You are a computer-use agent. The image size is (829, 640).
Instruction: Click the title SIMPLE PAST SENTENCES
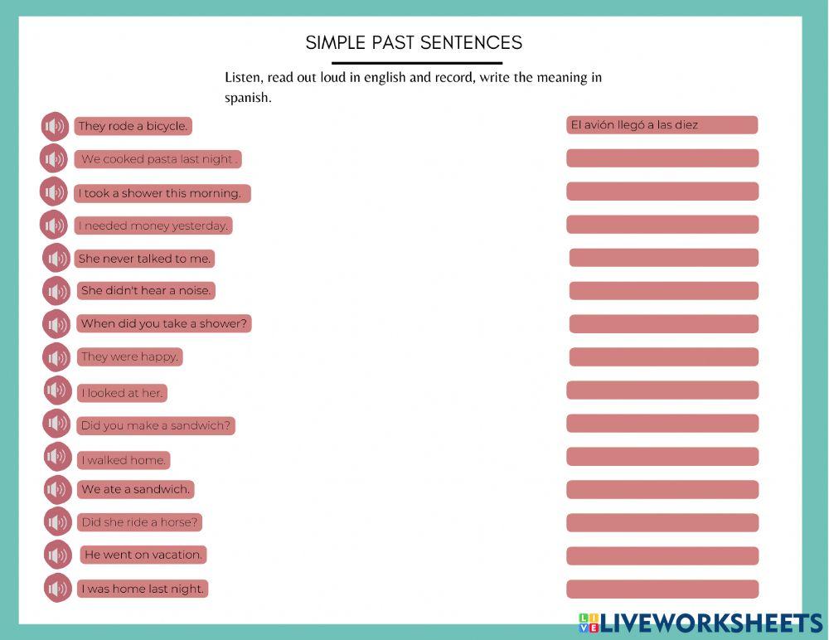[414, 42]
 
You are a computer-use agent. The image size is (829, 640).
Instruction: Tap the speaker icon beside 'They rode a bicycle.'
[55, 127]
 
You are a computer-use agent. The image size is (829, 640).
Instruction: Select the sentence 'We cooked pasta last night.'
[159, 159]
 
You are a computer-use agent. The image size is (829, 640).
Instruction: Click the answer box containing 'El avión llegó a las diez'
[662, 125]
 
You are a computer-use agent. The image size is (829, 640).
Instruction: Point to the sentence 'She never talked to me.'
[144, 259]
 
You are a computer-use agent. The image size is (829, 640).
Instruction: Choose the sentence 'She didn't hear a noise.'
[146, 291]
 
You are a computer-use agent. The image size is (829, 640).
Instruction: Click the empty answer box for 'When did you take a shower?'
[663, 324]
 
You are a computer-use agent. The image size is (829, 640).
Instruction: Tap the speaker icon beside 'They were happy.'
[56, 357]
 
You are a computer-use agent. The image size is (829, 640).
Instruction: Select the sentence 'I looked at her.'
[122, 393]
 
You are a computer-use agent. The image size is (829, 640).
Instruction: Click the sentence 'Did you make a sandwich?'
[156, 426]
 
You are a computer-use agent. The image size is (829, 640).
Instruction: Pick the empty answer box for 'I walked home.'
[662, 457]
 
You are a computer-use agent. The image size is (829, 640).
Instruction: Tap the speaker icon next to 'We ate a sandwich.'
[58, 490]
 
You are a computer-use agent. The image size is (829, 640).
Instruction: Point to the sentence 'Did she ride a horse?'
[139, 522]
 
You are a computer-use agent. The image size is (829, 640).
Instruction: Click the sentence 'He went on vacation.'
[143, 555]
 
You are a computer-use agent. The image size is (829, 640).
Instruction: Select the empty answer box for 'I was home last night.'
[662, 589]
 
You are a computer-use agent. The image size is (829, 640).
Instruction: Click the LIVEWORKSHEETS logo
[701, 623]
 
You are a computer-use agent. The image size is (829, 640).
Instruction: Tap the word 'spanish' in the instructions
[248, 98]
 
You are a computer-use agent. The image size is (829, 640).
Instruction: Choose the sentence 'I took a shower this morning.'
[161, 193]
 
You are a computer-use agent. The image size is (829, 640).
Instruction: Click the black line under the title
[417, 63]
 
